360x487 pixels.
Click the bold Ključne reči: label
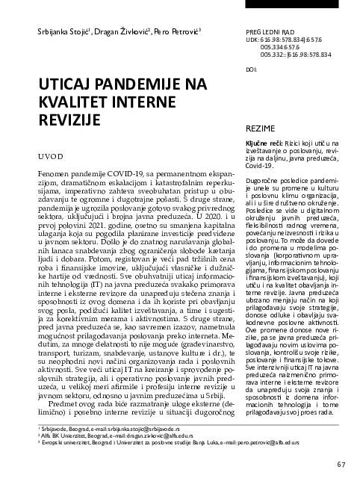click(x=265, y=142)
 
